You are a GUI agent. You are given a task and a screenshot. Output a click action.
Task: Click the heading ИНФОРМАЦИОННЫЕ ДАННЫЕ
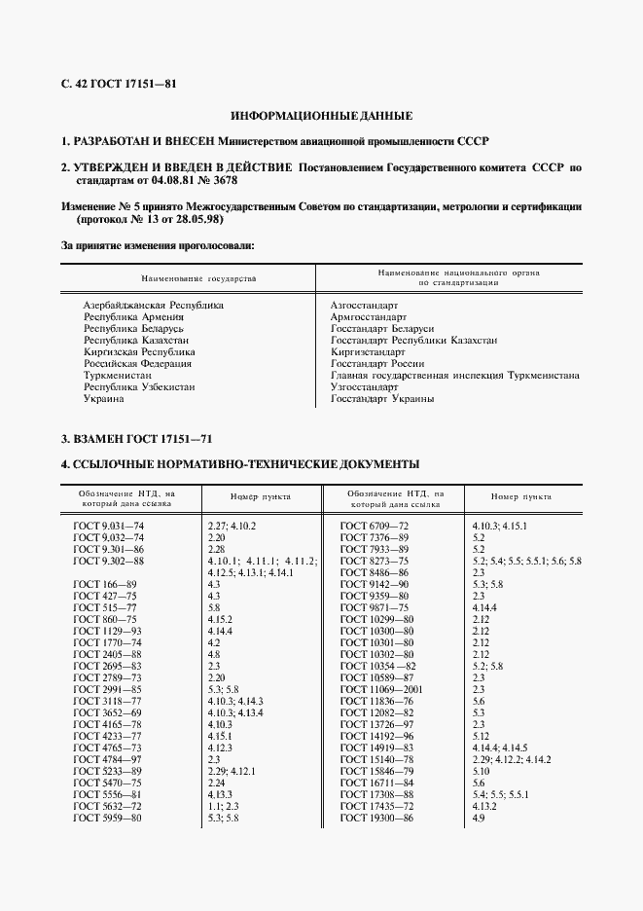[x=321, y=115]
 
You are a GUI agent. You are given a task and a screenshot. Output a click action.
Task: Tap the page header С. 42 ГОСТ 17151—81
[x=119, y=83]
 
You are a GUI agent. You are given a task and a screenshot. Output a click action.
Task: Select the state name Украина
[x=103, y=398]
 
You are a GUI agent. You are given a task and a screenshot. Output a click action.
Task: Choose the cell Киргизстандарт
[x=368, y=351]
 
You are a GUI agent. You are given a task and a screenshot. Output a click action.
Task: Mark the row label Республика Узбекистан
[x=138, y=386]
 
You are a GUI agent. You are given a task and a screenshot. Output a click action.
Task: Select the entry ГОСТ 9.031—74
[x=108, y=526]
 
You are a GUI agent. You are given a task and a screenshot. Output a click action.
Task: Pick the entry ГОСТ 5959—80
[x=108, y=818]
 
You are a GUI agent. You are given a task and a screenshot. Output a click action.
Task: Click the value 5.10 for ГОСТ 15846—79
[x=480, y=771]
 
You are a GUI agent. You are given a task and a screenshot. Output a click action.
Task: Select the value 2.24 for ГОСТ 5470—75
[x=217, y=783]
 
